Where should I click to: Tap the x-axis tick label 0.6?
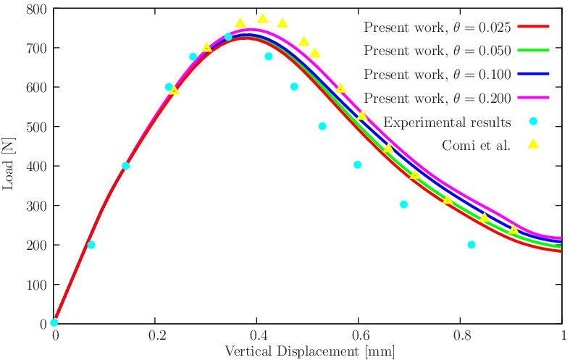359,336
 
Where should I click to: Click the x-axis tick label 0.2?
155,336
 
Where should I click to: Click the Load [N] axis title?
9,166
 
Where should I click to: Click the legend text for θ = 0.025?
437,28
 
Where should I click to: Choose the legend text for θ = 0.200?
437,98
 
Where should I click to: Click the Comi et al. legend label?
476,144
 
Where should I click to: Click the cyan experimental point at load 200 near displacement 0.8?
471,245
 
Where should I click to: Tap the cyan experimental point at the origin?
54,323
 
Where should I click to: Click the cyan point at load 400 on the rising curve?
126,166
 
